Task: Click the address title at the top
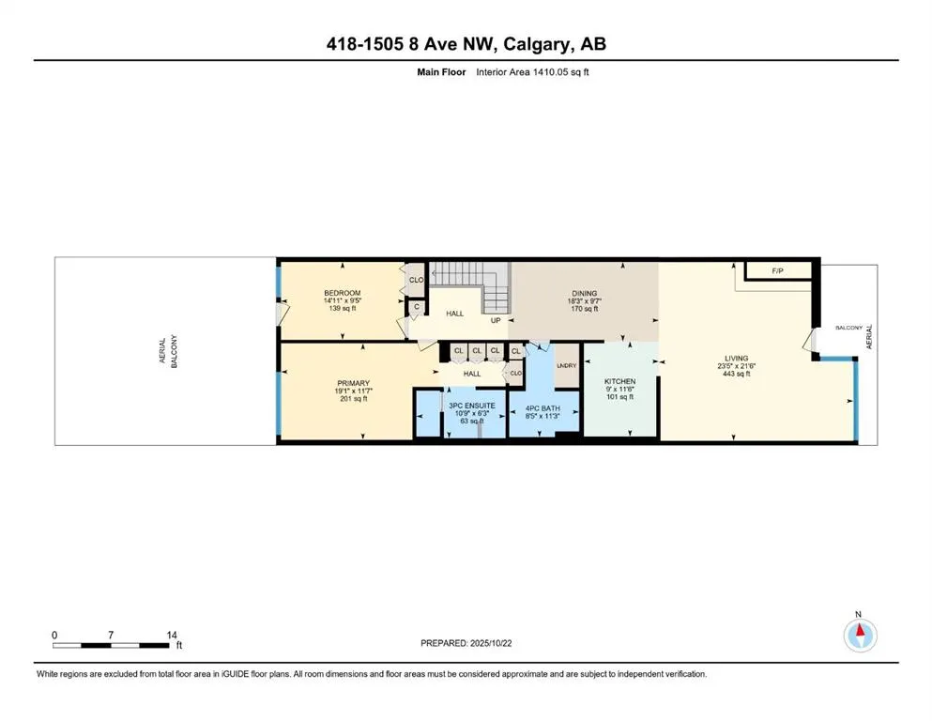tap(466, 44)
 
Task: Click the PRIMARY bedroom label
tap(354, 383)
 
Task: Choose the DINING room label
tap(585, 293)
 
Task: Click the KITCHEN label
tap(619, 381)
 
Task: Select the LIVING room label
tap(737, 358)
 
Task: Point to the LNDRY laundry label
tap(566, 366)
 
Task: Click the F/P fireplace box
tap(777, 271)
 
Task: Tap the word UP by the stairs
tap(494, 320)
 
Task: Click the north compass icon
tap(859, 635)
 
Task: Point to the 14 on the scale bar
tap(171, 635)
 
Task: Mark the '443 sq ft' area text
tap(737, 374)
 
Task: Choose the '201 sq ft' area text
tap(354, 399)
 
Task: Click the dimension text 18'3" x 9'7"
tap(585, 301)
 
